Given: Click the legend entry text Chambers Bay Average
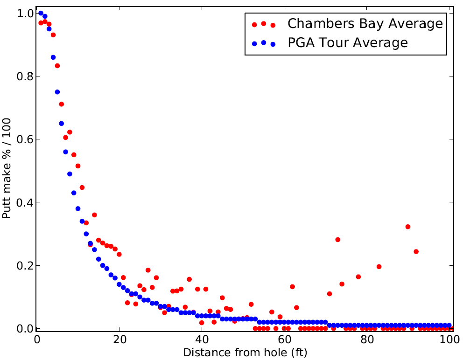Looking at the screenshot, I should [365, 23].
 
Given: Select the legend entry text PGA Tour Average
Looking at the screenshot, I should [348, 43].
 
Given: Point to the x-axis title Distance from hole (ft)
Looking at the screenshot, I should [245, 352].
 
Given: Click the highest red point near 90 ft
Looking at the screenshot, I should [407, 227].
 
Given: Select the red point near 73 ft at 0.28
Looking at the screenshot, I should [337, 240].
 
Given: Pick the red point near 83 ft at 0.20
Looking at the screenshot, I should [379, 267].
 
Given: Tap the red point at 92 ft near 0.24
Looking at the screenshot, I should [416, 251].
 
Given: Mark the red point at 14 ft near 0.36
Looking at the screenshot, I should [94, 215].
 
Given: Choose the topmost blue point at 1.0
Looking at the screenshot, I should [41, 14].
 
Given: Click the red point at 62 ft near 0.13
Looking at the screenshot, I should [292, 287].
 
